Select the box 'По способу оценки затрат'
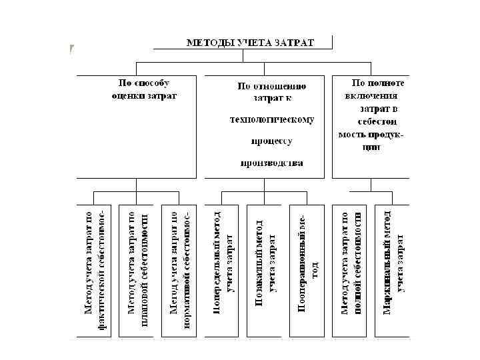[144, 126]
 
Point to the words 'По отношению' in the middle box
[271, 86]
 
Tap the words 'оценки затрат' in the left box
[144, 95]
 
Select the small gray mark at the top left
[71, 49]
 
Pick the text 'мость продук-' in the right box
[371, 135]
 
